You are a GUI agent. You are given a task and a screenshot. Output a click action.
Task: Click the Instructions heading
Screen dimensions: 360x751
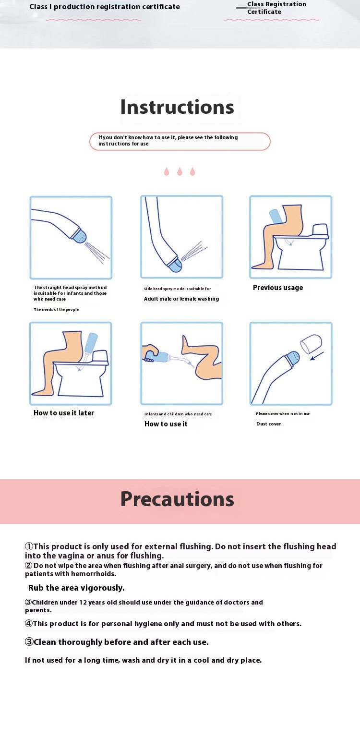(177, 107)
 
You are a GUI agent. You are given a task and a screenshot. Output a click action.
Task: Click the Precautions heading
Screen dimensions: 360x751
(177, 499)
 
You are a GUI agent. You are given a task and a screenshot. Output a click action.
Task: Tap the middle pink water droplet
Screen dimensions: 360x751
(180, 171)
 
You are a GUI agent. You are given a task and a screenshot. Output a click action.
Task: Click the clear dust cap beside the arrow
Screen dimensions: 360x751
(311, 344)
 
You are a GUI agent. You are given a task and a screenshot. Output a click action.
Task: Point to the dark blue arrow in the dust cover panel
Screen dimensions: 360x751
(317, 356)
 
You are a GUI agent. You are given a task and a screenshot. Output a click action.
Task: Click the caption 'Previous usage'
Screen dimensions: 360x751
(278, 288)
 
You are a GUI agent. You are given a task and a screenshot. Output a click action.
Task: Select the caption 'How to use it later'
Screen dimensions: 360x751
(64, 413)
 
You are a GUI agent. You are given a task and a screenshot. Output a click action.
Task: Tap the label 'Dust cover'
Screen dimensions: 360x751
(268, 424)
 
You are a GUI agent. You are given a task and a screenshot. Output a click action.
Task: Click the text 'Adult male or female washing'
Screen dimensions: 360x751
(181, 299)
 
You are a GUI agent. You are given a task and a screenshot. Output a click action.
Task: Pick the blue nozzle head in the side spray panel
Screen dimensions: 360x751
(175, 265)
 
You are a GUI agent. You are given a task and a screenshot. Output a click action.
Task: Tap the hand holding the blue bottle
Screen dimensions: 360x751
(149, 353)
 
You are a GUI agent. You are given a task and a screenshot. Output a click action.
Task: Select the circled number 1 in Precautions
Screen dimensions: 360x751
(29, 546)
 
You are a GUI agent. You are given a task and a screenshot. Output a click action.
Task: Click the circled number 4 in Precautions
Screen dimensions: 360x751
(28, 624)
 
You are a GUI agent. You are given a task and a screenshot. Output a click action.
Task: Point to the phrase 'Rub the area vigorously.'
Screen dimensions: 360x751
(76, 588)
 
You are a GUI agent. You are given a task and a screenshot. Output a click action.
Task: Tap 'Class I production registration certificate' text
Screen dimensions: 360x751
(105, 7)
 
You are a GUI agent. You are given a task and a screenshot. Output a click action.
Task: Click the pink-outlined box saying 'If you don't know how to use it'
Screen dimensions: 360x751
(180, 141)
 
